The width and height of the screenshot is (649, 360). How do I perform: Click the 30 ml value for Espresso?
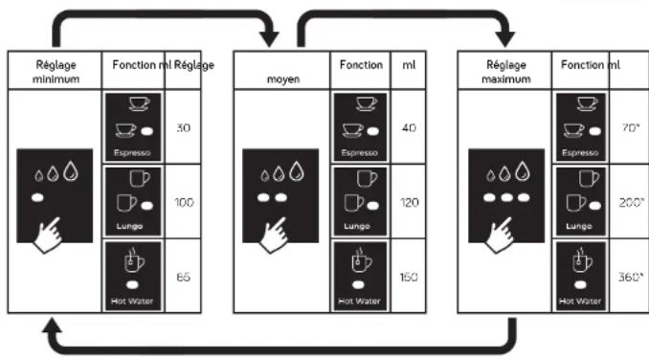point(184,127)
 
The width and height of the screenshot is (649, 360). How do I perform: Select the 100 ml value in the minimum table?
point(184,202)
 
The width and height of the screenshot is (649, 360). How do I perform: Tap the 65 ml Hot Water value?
point(184,277)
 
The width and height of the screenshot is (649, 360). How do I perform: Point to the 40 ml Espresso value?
point(409,127)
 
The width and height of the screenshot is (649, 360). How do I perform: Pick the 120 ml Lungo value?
point(410,202)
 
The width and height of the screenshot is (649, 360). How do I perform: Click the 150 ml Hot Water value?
point(409,277)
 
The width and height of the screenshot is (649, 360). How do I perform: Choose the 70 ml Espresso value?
point(631,127)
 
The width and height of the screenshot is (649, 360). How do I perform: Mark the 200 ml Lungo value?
point(632,202)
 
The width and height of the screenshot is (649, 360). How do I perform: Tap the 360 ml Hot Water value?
point(631,277)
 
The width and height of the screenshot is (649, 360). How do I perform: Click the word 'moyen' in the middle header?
point(283,79)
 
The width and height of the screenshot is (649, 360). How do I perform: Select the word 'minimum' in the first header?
point(56,79)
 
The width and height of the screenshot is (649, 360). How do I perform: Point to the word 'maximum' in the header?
point(506,79)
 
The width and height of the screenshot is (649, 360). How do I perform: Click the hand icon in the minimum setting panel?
point(49,235)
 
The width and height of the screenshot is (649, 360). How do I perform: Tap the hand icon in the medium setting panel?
point(275,235)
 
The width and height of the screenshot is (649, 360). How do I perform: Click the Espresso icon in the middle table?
point(360,127)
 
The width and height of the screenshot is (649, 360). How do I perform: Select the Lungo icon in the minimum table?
point(133,201)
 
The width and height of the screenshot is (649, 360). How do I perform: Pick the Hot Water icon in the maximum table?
point(581,276)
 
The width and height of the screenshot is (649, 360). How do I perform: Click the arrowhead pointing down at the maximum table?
point(505,39)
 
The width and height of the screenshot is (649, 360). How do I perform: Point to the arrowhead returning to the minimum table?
point(52,326)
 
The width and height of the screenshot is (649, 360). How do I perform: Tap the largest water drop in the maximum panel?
point(523,170)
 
